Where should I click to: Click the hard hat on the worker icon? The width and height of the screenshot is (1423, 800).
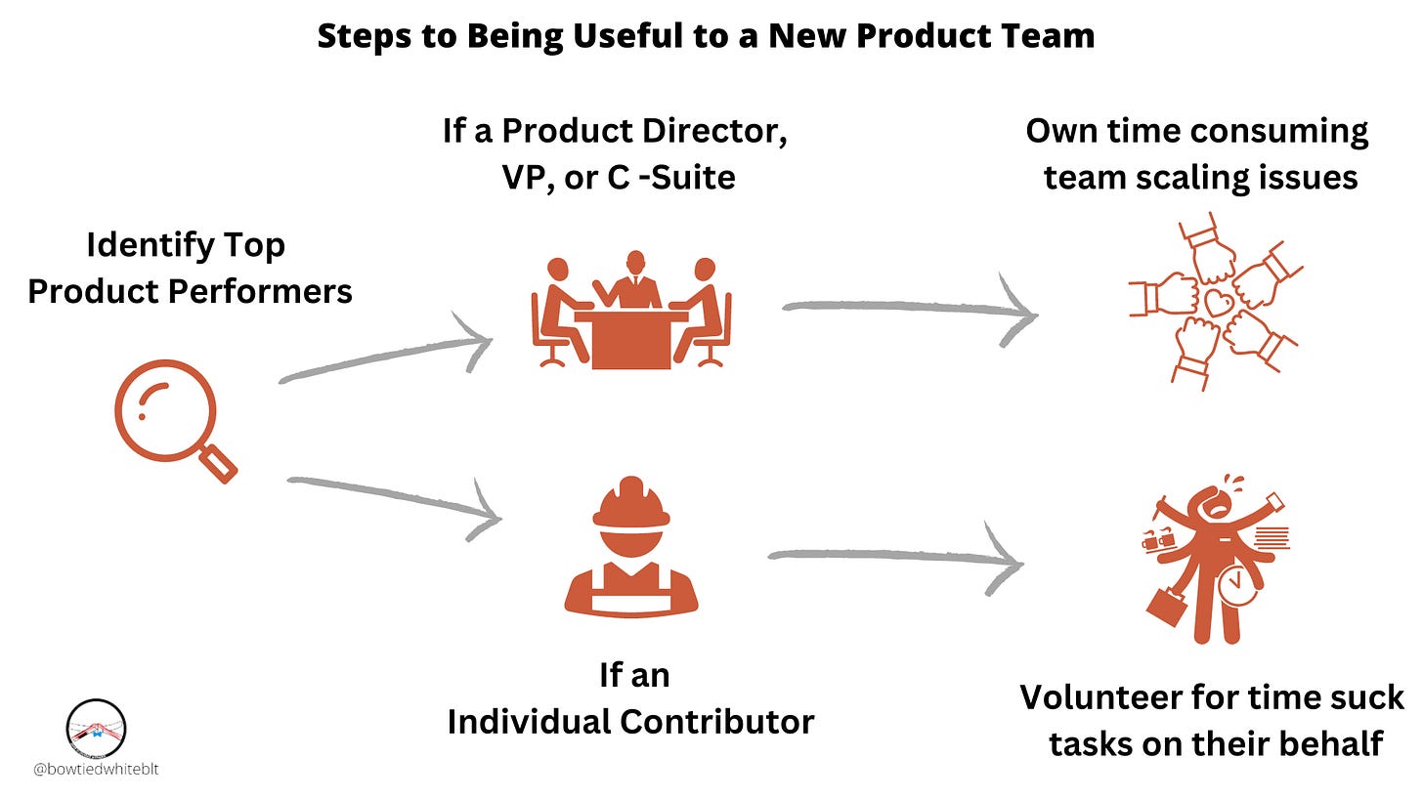[x=630, y=503]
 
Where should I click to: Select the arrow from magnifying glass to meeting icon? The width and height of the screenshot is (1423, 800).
[x=385, y=356]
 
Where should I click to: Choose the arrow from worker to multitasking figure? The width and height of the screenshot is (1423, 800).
[x=894, y=559]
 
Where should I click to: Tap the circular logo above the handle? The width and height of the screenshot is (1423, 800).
[x=96, y=728]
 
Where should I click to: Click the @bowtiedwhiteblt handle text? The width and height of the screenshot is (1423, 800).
[x=96, y=770]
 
